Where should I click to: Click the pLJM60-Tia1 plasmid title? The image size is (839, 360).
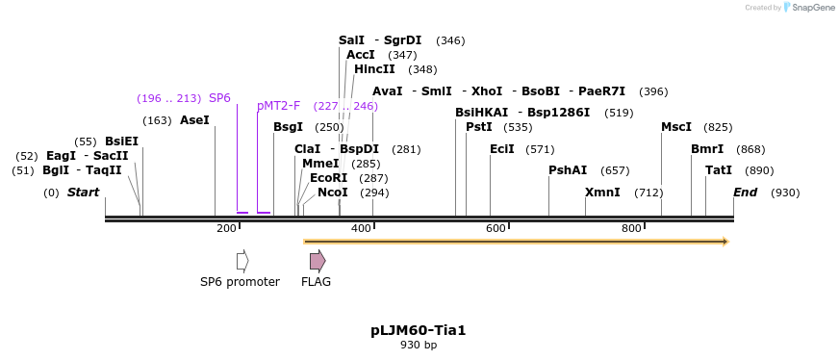pyautogui.click(x=419, y=330)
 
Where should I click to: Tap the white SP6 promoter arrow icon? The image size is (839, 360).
pyautogui.click(x=242, y=261)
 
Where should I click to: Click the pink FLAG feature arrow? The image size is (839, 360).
pyautogui.click(x=317, y=261)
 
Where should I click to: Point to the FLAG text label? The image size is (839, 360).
pyautogui.click(x=316, y=282)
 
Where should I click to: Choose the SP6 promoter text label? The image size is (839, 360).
pyautogui.click(x=240, y=282)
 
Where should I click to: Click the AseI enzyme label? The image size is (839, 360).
pyautogui.click(x=194, y=120)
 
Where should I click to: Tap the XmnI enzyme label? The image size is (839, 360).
pyautogui.click(x=602, y=193)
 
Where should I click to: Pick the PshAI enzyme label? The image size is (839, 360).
pyautogui.click(x=568, y=170)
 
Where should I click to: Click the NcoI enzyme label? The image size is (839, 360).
pyautogui.click(x=333, y=193)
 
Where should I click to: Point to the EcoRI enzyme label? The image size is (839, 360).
pyautogui.click(x=328, y=178)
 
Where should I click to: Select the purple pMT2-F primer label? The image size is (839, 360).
pyautogui.click(x=278, y=106)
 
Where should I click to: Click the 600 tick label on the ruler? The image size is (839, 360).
pyautogui.click(x=496, y=228)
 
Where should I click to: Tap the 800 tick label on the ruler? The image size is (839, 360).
pyautogui.click(x=631, y=228)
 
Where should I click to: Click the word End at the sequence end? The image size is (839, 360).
pyautogui.click(x=746, y=193)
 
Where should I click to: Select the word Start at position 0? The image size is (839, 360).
pyautogui.click(x=83, y=193)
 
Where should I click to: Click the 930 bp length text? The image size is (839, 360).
pyautogui.click(x=419, y=345)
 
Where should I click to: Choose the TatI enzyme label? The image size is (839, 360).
pyautogui.click(x=719, y=170)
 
